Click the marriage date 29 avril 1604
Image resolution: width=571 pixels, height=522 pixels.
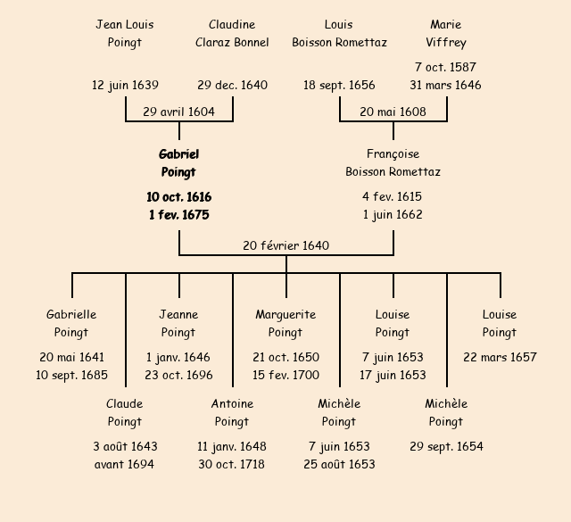point(178,112)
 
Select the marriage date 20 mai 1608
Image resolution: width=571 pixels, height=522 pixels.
point(393,112)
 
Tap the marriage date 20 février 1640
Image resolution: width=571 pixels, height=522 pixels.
point(285,245)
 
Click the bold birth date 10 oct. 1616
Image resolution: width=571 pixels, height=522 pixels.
point(178,196)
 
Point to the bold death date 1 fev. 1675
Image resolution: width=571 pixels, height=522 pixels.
point(178,214)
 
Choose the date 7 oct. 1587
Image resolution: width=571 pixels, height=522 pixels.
point(445,67)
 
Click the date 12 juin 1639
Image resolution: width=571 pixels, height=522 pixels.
point(125,86)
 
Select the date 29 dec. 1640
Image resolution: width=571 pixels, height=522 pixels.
point(232,86)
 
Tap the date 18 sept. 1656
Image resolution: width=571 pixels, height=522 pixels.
point(339,86)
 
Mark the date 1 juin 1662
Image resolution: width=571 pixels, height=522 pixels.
point(393,214)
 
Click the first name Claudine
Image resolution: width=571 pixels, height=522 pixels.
point(232,24)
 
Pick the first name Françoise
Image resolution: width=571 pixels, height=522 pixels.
point(393,153)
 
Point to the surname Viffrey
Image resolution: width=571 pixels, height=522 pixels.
point(445,42)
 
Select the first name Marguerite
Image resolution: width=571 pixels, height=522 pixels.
point(285,314)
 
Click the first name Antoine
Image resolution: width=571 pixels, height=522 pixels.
point(232,403)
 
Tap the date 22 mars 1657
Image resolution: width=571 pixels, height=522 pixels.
point(500,357)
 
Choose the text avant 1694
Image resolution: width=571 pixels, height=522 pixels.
point(124,464)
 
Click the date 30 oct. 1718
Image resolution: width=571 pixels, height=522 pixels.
point(232,464)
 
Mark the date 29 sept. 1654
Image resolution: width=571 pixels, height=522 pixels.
point(446,446)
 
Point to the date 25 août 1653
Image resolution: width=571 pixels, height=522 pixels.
point(339,464)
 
